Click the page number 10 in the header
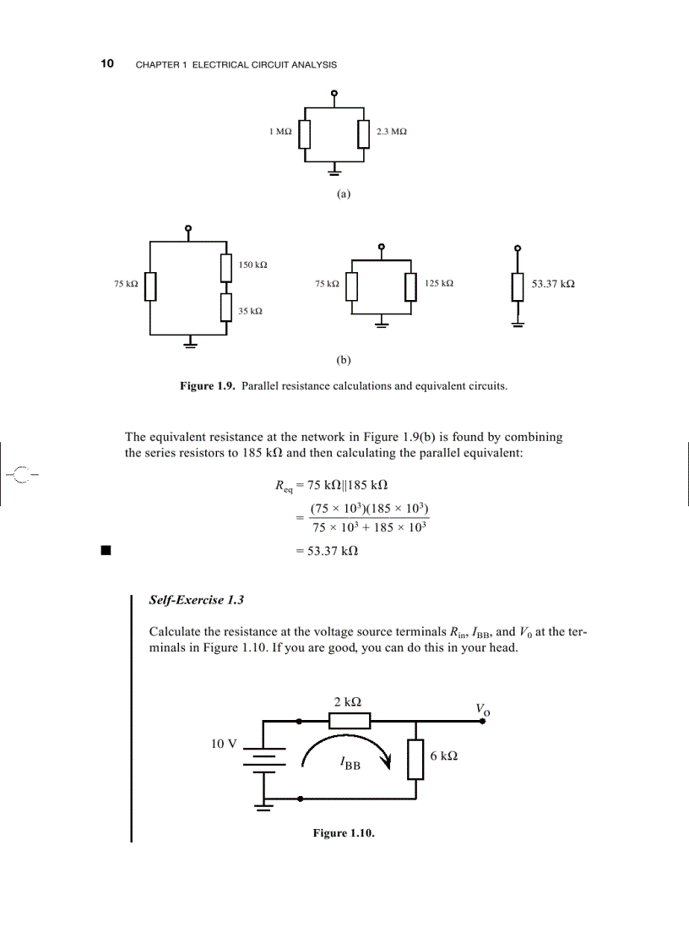107,64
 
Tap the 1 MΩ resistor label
280,132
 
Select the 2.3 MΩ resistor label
392,132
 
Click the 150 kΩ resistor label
252,265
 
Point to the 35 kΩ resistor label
249,311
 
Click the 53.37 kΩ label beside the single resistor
553,284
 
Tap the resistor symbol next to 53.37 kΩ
517,287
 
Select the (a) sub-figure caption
343,194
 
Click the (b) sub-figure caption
343,359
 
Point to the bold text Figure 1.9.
208,386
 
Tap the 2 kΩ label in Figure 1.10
350,701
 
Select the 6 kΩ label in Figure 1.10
444,756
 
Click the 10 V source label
224,744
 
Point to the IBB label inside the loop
350,765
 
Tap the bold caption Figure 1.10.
343,833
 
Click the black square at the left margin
106,551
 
